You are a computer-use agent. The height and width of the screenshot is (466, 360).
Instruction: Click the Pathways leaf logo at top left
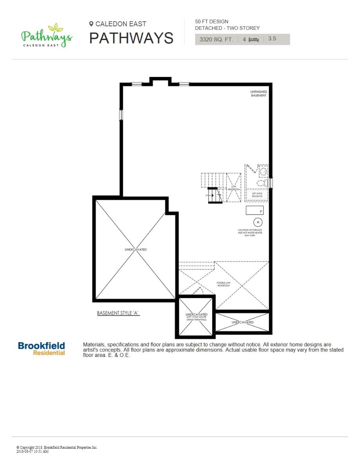click(x=46, y=36)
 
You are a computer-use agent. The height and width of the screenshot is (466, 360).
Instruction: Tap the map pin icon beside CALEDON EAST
click(x=91, y=24)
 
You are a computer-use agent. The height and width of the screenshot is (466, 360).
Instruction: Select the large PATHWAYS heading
click(x=131, y=38)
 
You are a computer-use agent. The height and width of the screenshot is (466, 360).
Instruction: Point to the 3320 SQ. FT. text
click(x=216, y=39)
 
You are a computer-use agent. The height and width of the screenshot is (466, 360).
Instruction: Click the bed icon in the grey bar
click(x=254, y=40)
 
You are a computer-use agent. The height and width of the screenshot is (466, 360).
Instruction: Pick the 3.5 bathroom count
click(x=272, y=39)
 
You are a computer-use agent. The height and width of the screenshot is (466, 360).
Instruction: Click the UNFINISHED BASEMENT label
click(x=258, y=94)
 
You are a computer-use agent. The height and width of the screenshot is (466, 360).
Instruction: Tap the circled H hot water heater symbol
click(x=258, y=222)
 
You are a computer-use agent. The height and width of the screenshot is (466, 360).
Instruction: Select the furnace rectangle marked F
click(x=255, y=210)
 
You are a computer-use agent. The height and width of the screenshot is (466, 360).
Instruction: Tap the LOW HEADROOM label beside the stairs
click(x=234, y=188)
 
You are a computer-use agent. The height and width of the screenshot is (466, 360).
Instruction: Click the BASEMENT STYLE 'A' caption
click(x=118, y=313)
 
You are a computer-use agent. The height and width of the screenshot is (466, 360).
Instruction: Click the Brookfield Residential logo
click(x=42, y=348)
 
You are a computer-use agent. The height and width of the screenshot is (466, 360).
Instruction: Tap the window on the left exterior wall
click(x=121, y=114)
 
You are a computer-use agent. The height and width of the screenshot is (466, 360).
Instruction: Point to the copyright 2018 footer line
click(x=56, y=447)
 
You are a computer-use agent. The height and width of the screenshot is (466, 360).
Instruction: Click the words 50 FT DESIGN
click(x=211, y=22)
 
